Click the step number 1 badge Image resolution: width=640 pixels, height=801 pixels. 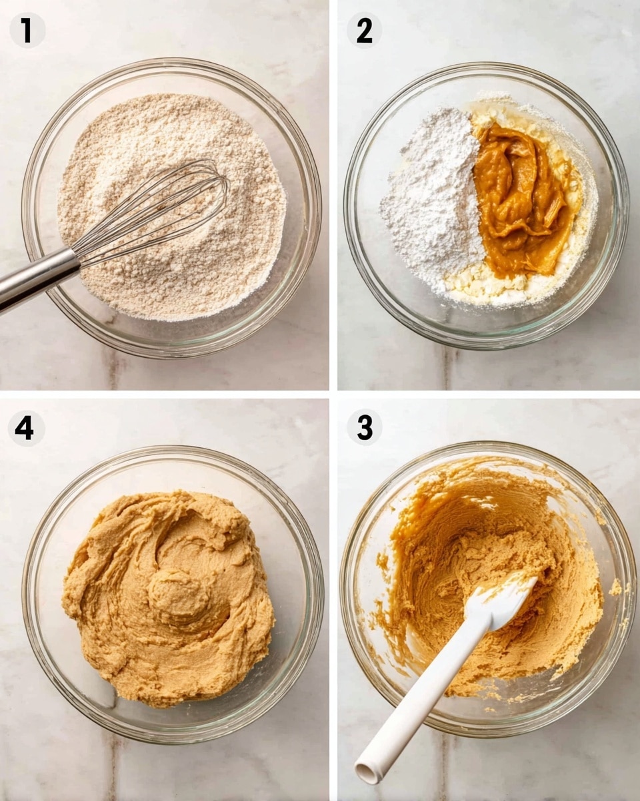(27, 30)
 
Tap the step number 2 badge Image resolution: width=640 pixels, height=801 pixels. (364, 30)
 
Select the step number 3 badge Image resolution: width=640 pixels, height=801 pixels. (364, 427)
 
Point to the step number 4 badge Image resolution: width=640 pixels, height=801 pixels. (25, 428)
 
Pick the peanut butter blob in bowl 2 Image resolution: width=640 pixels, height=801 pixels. (520, 200)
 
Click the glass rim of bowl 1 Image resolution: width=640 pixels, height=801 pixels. (172, 65)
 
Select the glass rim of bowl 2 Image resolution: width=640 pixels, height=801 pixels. (487, 66)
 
